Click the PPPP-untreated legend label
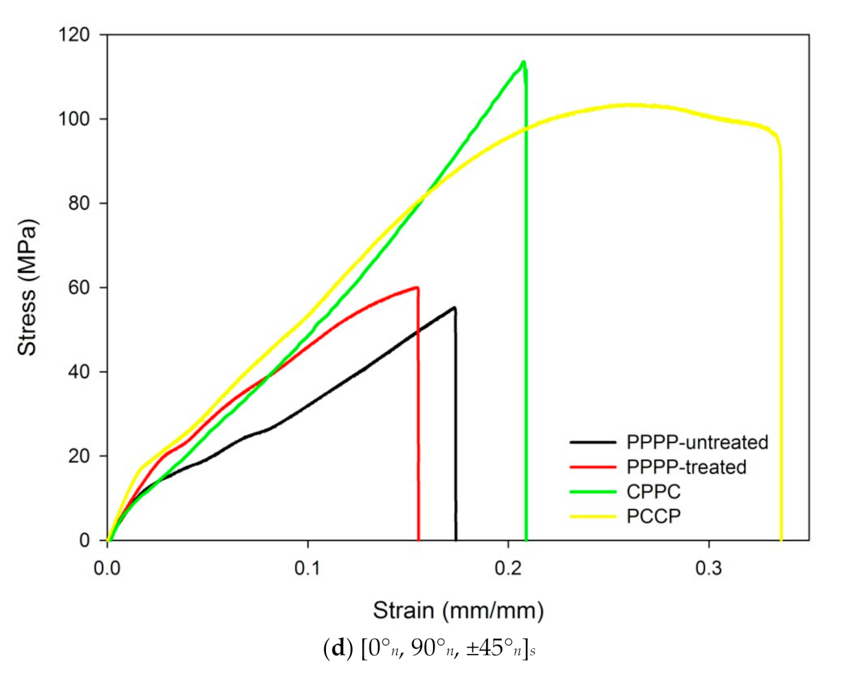(696, 441)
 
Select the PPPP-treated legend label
(686, 467)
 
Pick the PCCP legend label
(652, 516)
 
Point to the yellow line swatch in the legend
(593, 516)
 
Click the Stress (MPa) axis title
(28, 287)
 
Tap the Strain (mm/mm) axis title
(458, 610)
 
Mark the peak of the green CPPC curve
(524, 62)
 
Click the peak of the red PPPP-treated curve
(416, 287)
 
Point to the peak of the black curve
(454, 307)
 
